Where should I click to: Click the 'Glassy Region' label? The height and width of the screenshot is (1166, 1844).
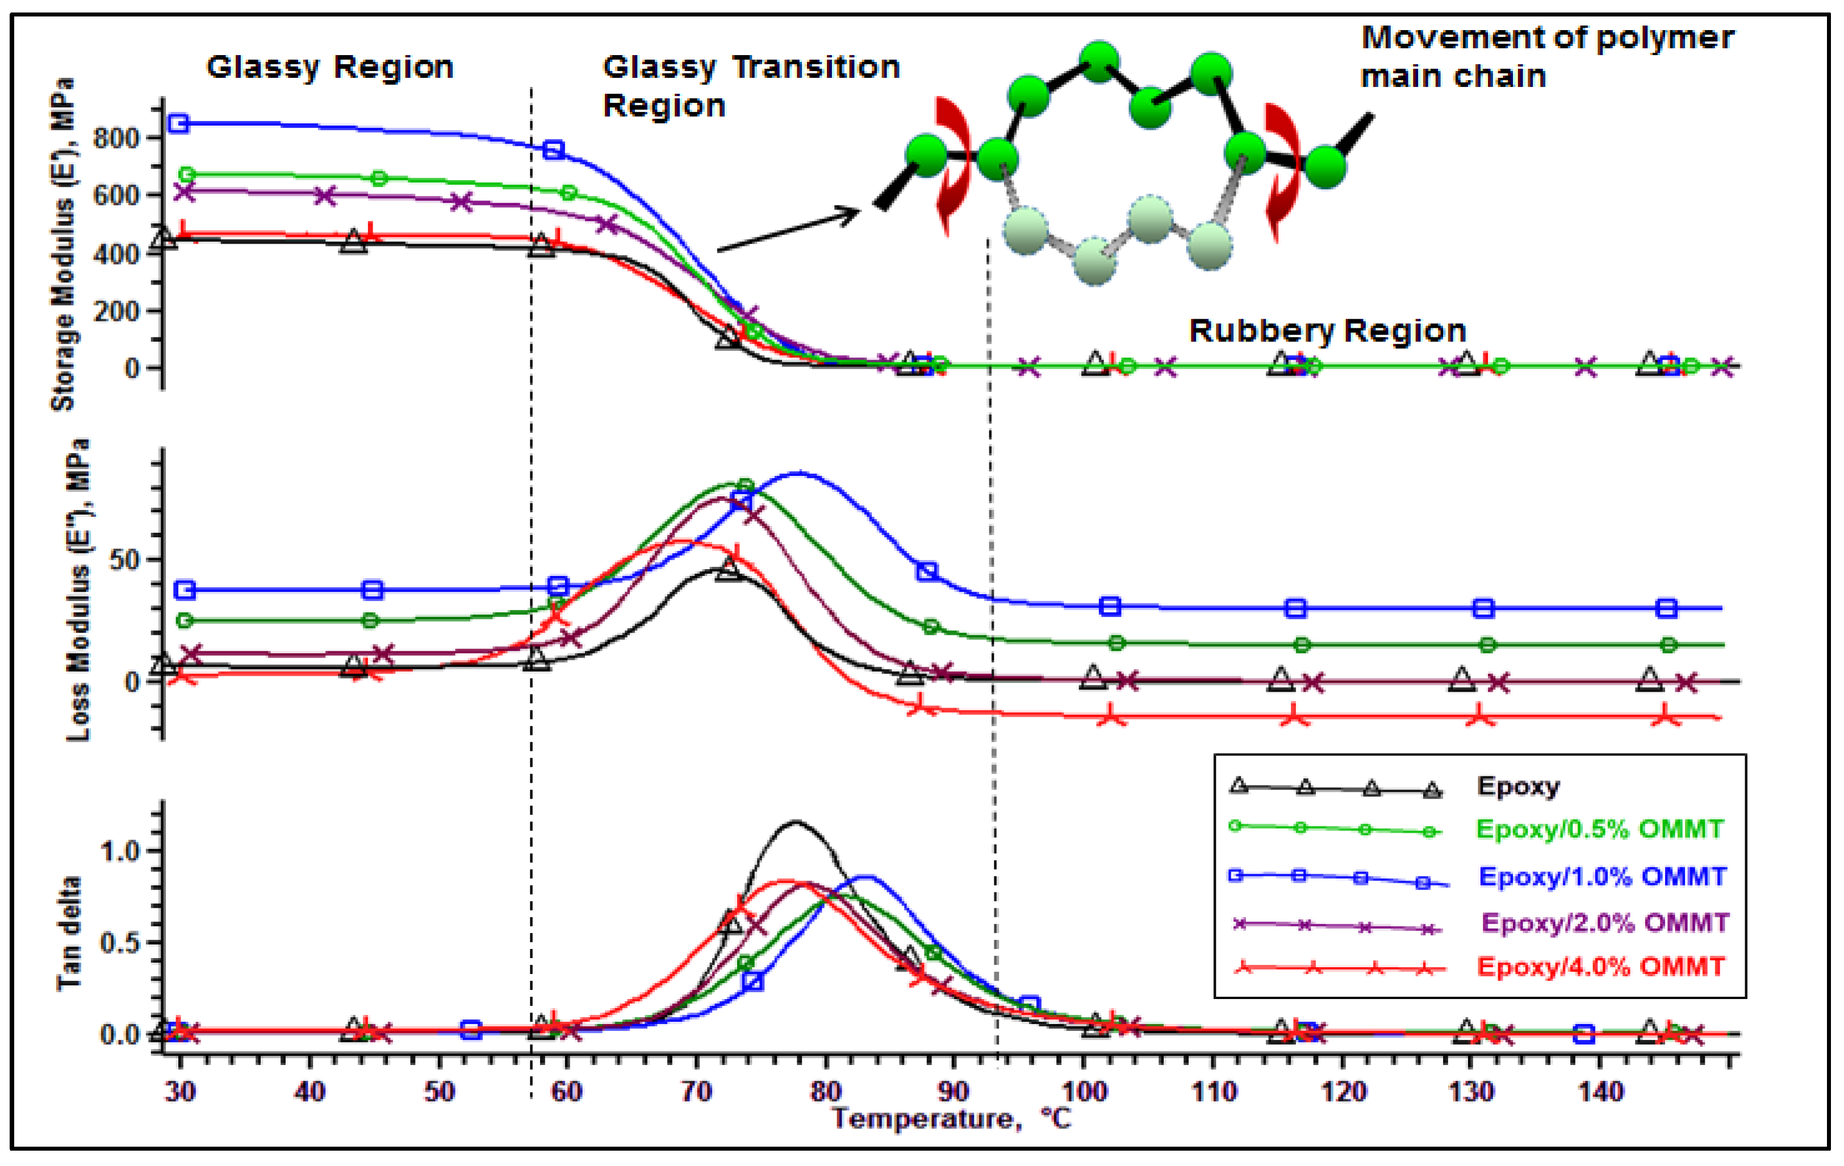pos(330,68)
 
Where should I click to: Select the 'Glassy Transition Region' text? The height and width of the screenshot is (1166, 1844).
pos(750,86)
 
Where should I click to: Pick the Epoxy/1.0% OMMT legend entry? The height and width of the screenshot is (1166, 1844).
pos(1602,876)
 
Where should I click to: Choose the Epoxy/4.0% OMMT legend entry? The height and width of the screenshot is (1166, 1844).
pos(1600,967)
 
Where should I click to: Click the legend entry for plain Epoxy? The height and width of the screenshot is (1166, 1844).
pos(1518,786)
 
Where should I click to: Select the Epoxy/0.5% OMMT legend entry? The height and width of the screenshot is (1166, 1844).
pos(1599,829)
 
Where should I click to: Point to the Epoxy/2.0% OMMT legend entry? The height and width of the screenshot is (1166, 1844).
pos(1604,922)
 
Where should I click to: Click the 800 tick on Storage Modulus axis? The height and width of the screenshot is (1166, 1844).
pos(116,139)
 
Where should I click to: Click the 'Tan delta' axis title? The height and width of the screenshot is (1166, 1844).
pos(69,934)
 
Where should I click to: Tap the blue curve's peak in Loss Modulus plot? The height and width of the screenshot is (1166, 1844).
pos(798,473)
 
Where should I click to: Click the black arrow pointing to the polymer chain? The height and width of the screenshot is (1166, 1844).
pos(789,229)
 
